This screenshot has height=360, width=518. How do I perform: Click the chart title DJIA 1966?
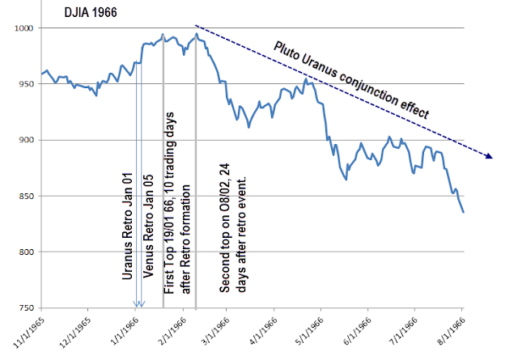(x=91, y=13)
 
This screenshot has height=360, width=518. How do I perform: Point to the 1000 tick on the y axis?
(x=23, y=28)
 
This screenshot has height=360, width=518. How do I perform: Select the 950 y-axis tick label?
(x=26, y=84)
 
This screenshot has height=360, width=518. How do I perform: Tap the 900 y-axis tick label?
(x=26, y=140)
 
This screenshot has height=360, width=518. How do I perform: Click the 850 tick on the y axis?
(x=26, y=197)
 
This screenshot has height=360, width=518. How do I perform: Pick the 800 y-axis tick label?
(x=26, y=252)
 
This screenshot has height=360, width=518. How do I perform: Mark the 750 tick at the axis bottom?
(x=26, y=307)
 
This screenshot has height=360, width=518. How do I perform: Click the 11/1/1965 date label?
(x=29, y=332)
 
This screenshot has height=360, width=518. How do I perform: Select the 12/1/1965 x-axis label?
(x=75, y=332)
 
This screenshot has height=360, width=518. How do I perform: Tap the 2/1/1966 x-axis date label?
(x=172, y=331)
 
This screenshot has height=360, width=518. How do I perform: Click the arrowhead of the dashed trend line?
(x=489, y=156)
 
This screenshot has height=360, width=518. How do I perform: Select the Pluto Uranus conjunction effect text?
(x=351, y=80)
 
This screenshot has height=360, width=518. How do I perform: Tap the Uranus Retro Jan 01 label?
(x=127, y=226)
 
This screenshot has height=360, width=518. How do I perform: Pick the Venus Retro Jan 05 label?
(x=148, y=226)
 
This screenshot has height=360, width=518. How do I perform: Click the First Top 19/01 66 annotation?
(x=177, y=203)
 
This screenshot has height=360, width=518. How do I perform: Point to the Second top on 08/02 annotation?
(x=232, y=228)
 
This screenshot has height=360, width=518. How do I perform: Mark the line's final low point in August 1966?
(x=464, y=212)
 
